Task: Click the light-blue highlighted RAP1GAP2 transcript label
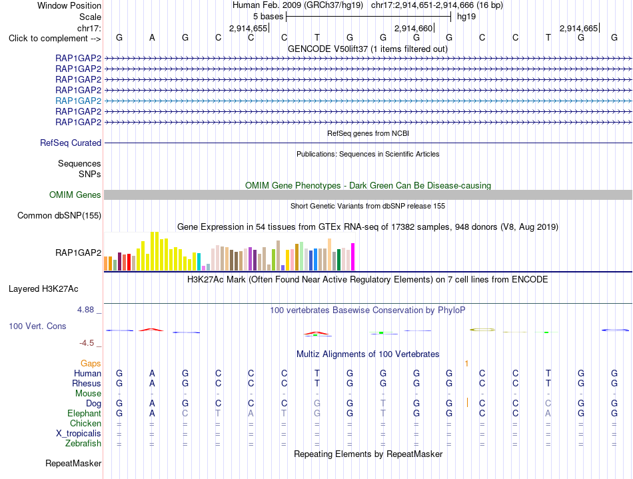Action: [x=79, y=101]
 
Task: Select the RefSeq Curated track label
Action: [x=71, y=143]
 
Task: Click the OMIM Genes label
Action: [x=75, y=195]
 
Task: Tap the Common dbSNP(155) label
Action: [x=59, y=215]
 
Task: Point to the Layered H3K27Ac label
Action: [x=43, y=289]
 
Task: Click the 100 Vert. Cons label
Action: [x=37, y=326]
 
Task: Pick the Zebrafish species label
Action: [x=83, y=444]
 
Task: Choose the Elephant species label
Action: [x=85, y=414]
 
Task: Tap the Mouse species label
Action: [x=88, y=394]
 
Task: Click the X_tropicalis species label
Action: [x=79, y=434]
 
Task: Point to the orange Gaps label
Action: [x=91, y=364]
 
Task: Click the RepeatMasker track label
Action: [x=73, y=463]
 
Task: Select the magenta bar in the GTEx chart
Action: [x=353, y=256]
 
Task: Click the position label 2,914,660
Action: [x=413, y=28]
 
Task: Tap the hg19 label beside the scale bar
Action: [x=466, y=17]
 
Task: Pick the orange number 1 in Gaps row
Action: [x=466, y=364]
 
